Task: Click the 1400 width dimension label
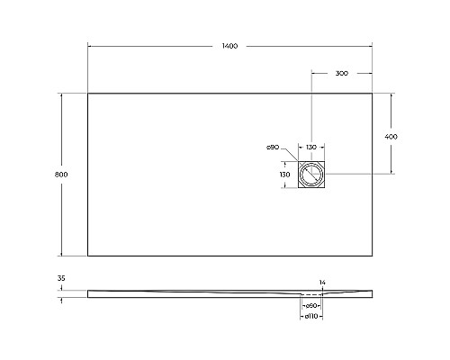click(x=229, y=46)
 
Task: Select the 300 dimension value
click(x=342, y=74)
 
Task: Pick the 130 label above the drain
click(x=310, y=148)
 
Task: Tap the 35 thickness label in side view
click(x=60, y=280)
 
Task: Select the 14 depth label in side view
click(x=321, y=283)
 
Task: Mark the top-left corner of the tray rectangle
click(x=87, y=92)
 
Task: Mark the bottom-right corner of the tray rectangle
click(x=373, y=256)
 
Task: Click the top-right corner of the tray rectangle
click(x=373, y=92)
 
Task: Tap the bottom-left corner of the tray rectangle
click(x=87, y=256)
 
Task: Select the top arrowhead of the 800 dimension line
click(x=60, y=94)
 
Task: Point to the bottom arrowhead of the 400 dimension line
click(x=391, y=172)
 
